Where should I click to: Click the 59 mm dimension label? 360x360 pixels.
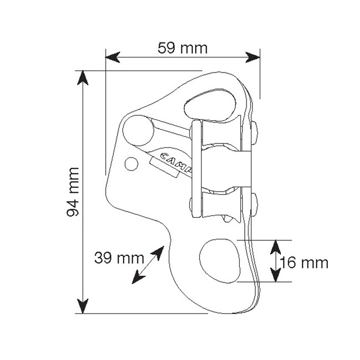[x=182, y=48]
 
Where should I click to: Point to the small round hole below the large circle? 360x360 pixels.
[x=131, y=163]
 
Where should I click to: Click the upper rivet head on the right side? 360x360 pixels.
[x=255, y=130]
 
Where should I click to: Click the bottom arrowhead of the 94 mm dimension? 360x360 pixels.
[x=83, y=306]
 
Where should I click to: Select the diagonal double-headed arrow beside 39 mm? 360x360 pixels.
[x=147, y=265]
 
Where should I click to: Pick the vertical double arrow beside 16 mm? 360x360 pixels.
[x=274, y=261]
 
